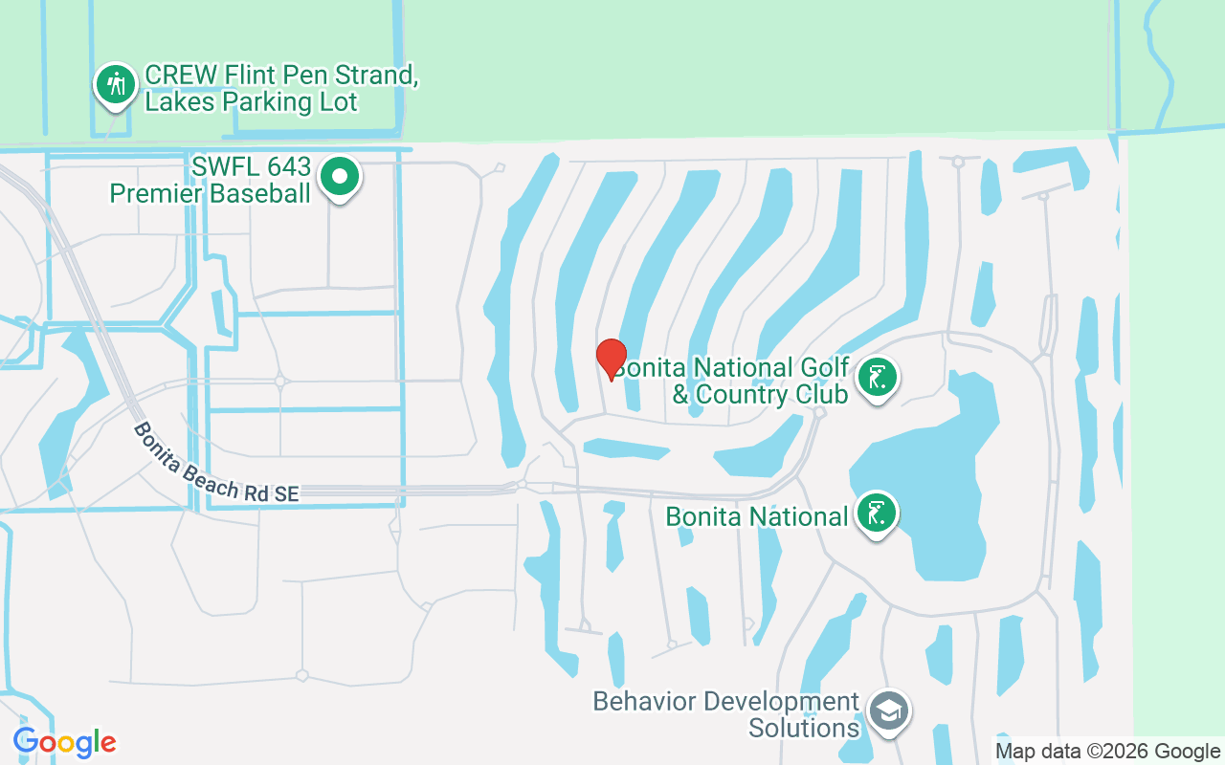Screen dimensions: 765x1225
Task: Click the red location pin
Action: coord(611,359)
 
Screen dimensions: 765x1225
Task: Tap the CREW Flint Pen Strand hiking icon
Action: coord(117,84)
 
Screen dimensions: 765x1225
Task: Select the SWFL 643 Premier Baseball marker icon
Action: coord(339,177)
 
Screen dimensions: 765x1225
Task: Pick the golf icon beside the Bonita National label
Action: coord(877,514)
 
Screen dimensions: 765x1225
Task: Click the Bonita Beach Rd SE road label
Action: coord(216,464)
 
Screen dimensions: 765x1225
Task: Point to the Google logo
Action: coord(64,742)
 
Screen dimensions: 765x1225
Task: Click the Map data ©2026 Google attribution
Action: coord(1107,752)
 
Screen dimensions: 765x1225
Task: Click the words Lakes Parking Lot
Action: coord(251,102)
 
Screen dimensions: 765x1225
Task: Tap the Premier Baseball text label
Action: coord(210,193)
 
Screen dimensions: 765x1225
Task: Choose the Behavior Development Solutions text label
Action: coord(725,714)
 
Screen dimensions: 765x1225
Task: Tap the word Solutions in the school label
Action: coord(804,728)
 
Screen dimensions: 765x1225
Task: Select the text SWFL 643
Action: coord(251,166)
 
